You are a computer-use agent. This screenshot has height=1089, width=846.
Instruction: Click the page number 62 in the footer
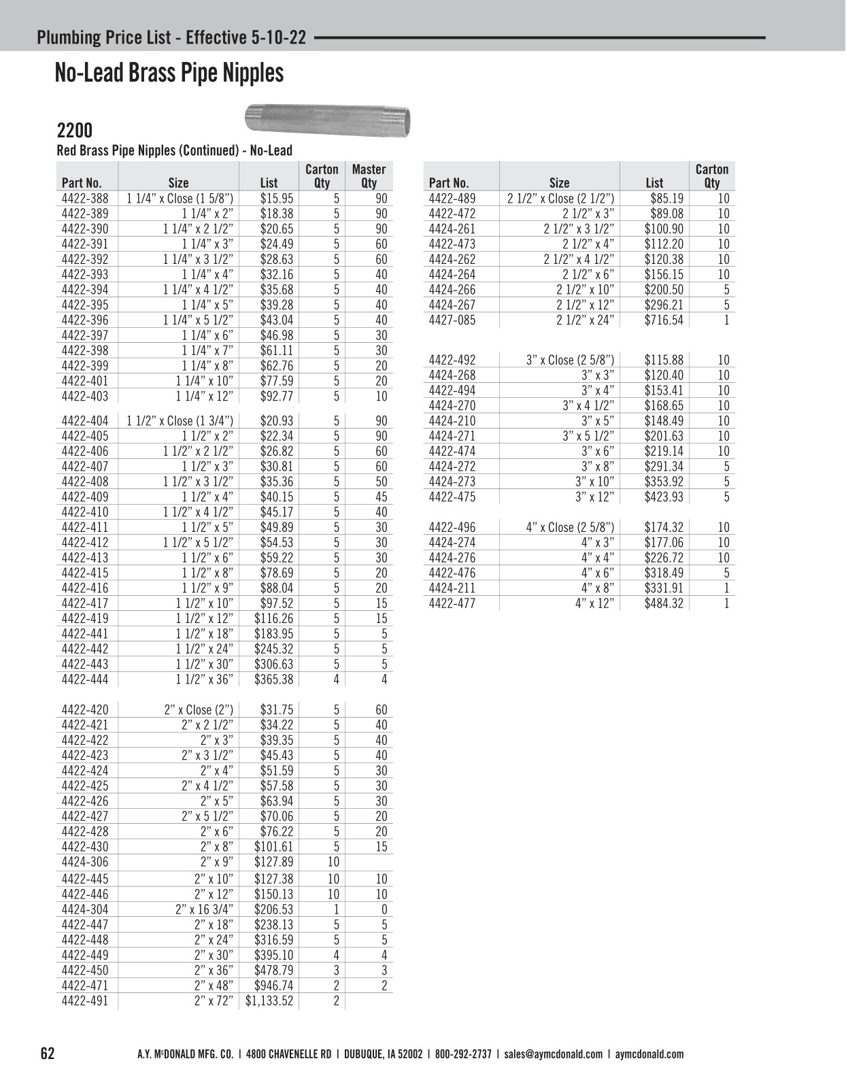coord(48,1054)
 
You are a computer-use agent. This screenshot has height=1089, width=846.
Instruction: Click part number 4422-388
coord(85,199)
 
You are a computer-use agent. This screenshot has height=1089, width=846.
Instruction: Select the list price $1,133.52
coord(269,1001)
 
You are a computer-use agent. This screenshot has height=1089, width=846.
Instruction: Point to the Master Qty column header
coord(369,175)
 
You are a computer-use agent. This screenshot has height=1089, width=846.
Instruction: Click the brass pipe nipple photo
coord(327,120)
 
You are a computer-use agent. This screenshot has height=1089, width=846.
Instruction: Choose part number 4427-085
coord(452,320)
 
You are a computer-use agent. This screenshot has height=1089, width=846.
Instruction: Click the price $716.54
coord(664,320)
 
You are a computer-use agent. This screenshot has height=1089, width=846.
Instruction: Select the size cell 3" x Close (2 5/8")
coord(570,360)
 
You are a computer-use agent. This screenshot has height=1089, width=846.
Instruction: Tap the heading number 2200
coord(74,131)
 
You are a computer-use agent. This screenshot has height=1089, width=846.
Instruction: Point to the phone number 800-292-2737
coord(463,1054)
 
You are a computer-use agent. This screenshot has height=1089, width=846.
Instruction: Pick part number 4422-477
coord(452,603)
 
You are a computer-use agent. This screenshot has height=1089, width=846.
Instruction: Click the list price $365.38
coord(274,680)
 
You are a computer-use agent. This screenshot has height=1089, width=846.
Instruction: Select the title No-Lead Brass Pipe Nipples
coord(169,73)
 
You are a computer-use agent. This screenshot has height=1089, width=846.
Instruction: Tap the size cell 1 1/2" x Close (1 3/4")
coord(180,421)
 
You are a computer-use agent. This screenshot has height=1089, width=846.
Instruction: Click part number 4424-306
coord(85,862)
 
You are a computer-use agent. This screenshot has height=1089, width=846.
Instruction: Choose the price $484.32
coord(664,603)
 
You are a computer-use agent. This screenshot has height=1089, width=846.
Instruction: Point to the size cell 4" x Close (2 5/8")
coord(570,527)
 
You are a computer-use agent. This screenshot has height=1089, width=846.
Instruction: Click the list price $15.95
coord(277,199)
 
